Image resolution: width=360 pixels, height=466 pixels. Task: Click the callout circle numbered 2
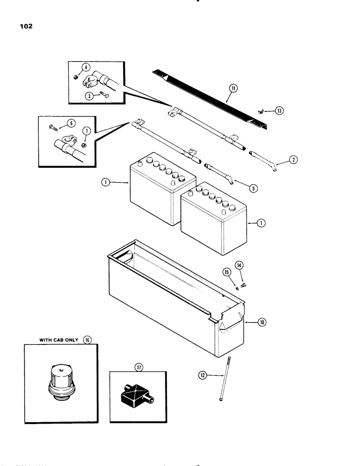[293, 160]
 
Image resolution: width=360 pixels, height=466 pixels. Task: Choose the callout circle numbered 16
[86, 340]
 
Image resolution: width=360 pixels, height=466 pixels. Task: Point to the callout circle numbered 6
[71, 123]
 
